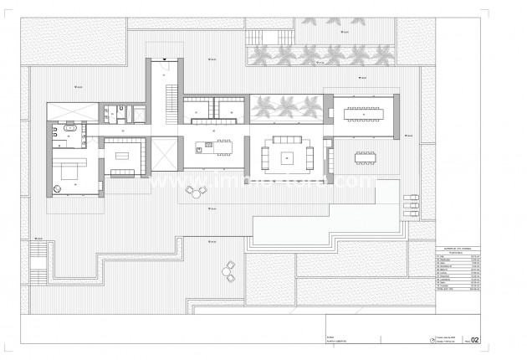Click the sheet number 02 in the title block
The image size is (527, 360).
[x=475, y=340]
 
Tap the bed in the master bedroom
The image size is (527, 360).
[x=69, y=172]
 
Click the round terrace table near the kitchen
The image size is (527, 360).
[x=196, y=191]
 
